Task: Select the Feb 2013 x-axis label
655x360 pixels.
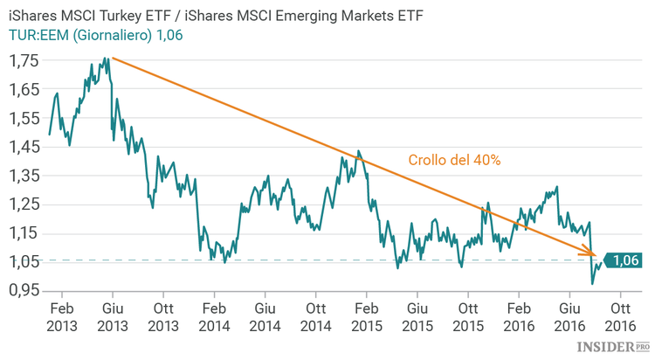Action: click(x=61, y=316)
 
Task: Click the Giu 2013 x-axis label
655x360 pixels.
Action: click(x=113, y=316)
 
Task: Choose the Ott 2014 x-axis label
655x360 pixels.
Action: click(x=315, y=316)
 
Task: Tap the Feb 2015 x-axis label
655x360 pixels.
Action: click(x=367, y=316)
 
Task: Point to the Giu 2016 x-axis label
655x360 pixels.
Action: click(x=569, y=316)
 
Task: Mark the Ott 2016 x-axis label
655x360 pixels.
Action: click(x=620, y=316)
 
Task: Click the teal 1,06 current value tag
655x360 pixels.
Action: click(x=624, y=260)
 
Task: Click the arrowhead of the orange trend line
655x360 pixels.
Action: click(x=594, y=255)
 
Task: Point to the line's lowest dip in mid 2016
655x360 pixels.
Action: click(x=592, y=283)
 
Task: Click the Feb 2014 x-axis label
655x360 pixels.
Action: click(x=214, y=316)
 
